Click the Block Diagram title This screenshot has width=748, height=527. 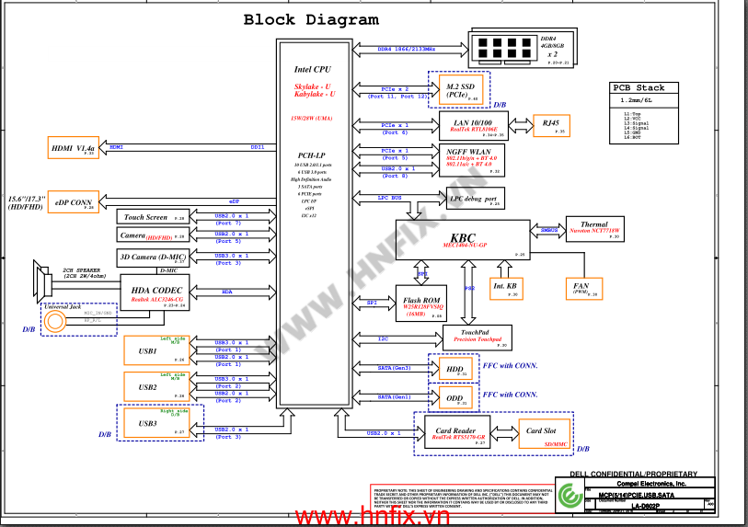[310, 19]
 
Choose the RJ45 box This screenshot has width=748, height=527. [551, 125]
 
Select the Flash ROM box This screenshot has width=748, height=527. [420, 303]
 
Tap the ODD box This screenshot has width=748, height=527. [452, 397]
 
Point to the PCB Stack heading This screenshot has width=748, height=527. [639, 88]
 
